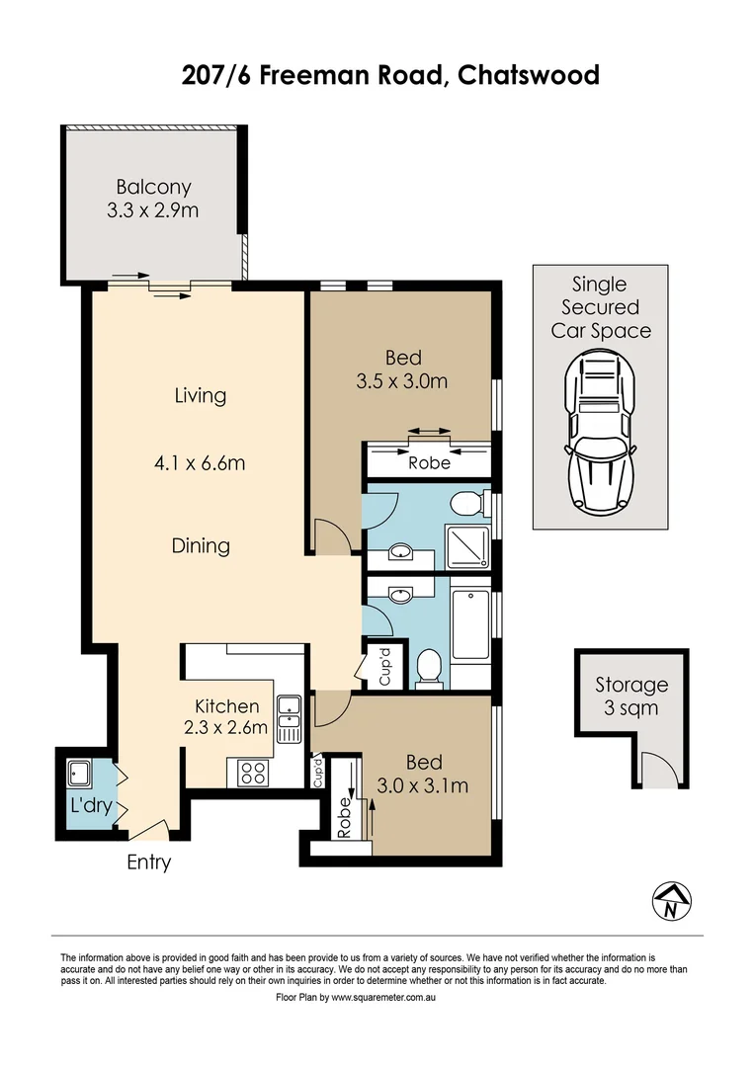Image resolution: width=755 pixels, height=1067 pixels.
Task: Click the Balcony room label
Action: point(153,187)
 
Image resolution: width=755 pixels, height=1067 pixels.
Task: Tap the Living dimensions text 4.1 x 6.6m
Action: point(201,460)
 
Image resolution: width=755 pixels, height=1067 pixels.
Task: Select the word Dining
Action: point(201,545)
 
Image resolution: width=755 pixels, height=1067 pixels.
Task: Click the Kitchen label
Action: point(226,706)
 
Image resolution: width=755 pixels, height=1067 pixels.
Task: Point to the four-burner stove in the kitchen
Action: point(251,772)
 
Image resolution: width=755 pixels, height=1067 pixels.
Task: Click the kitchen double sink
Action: point(289,719)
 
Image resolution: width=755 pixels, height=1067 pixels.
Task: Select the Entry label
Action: point(149,862)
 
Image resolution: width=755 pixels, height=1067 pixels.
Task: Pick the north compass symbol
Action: point(673,900)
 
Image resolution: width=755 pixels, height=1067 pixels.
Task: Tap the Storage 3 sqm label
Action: point(631,696)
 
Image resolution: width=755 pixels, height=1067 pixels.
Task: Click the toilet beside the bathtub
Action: point(430,667)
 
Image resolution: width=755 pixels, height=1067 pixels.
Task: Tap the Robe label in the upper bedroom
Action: point(429,462)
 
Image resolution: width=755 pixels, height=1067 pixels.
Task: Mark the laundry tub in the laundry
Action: point(79,774)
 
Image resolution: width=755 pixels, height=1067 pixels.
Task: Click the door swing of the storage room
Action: point(653,768)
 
